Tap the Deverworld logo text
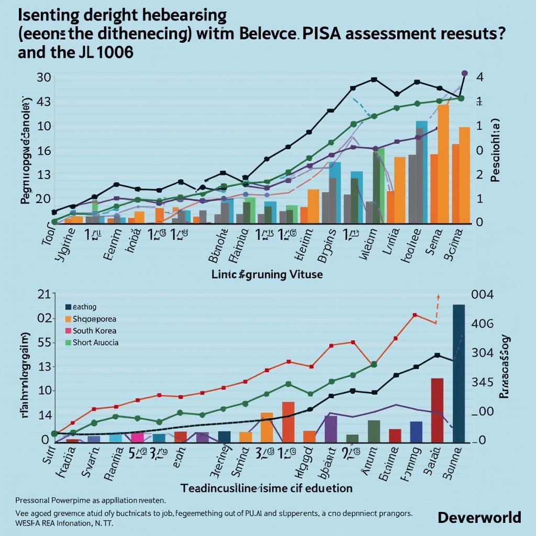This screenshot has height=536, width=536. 479,517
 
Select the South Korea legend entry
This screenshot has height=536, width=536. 94,331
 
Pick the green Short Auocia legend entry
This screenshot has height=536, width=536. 95,343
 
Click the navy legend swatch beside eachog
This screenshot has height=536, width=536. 68,307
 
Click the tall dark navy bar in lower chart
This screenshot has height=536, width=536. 459,373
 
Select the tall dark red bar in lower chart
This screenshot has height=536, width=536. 437,409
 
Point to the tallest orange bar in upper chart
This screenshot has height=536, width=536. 443,163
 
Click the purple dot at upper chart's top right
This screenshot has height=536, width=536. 464,73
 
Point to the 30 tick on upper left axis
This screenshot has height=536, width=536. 43,77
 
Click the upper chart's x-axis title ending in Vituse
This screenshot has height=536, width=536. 267,274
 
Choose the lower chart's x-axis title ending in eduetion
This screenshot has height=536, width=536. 266,488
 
